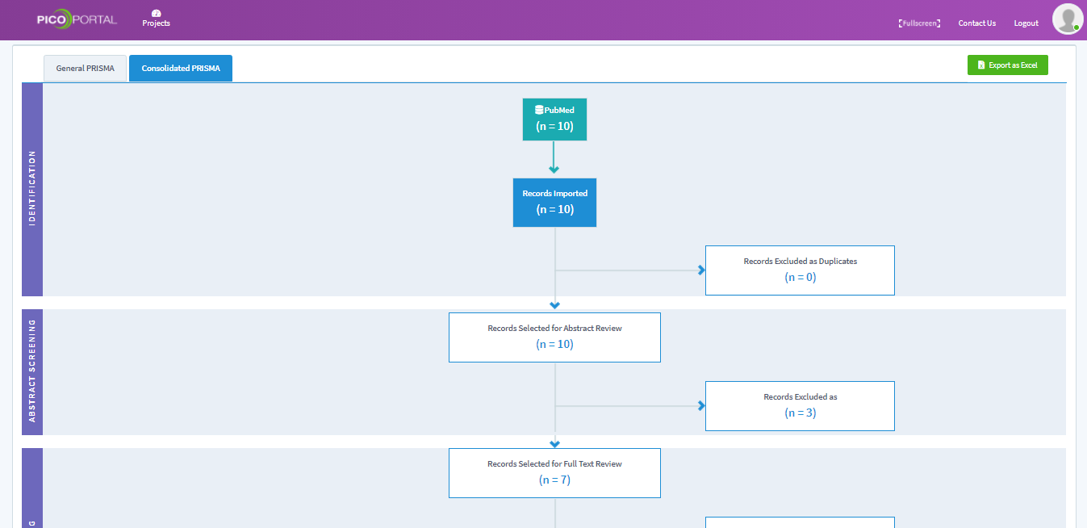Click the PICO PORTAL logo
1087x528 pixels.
tap(77, 19)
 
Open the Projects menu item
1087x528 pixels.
tap(156, 19)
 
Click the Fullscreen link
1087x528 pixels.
tap(919, 23)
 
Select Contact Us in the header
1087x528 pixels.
tap(976, 23)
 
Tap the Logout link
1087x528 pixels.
tap(1026, 23)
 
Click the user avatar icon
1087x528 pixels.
tap(1067, 19)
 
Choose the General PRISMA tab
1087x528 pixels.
tap(85, 68)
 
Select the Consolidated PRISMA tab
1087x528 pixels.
tap(181, 68)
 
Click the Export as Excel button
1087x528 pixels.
tap(1007, 65)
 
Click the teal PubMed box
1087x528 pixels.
tap(554, 119)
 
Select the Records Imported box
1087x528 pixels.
tap(554, 203)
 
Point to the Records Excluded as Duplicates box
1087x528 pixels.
tap(800, 270)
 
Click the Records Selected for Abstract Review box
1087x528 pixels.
tap(554, 337)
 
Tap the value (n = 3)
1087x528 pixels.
tap(801, 413)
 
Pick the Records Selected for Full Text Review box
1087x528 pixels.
tap(554, 473)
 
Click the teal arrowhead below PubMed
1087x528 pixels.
tap(554, 169)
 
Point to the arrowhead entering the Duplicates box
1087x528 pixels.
tap(701, 270)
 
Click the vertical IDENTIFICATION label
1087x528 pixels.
tap(32, 188)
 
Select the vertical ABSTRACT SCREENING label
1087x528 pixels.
tap(32, 371)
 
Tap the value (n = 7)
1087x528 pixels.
tap(554, 480)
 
